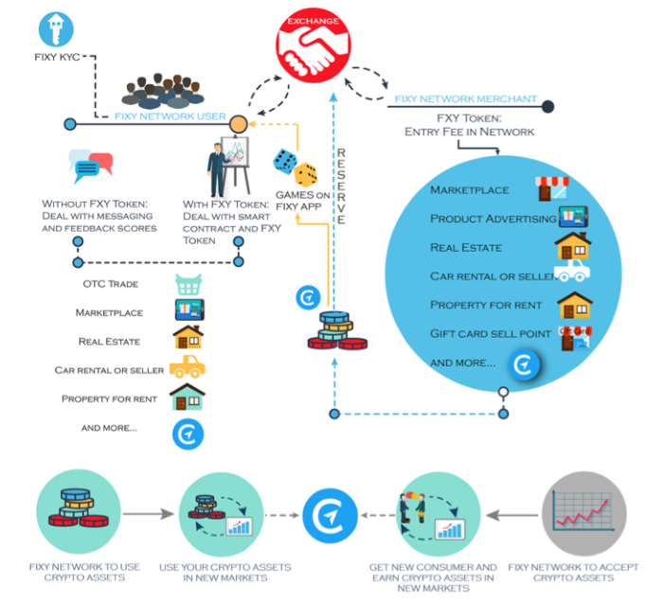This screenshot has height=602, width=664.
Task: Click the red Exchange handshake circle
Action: tap(314, 45)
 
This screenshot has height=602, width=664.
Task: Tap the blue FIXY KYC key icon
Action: tap(56, 29)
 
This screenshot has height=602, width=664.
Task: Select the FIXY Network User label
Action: tap(170, 116)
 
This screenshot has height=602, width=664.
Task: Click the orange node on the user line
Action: tap(239, 124)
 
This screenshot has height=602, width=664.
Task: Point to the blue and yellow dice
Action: tap(296, 168)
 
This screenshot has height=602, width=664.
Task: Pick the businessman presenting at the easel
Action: tap(228, 167)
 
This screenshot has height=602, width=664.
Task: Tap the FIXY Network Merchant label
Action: tap(466, 99)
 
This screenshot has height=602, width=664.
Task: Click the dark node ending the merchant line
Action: tap(547, 107)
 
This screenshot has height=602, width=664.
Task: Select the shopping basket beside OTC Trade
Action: tap(188, 285)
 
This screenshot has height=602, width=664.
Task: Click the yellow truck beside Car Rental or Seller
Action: tap(188, 366)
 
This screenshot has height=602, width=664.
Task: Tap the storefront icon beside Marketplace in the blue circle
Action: tap(552, 188)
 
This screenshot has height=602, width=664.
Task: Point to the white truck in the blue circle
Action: tap(572, 271)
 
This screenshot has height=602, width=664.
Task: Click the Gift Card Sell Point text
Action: tap(491, 334)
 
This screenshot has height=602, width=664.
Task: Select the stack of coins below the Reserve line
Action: tap(337, 331)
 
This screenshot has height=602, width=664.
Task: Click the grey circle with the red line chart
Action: tap(584, 514)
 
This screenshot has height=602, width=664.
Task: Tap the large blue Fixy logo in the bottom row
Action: tap(330, 516)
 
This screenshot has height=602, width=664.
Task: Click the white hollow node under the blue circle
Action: tap(503, 392)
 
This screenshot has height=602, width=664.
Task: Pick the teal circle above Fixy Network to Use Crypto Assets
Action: tap(79, 511)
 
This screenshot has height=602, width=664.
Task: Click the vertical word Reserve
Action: tap(341, 186)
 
